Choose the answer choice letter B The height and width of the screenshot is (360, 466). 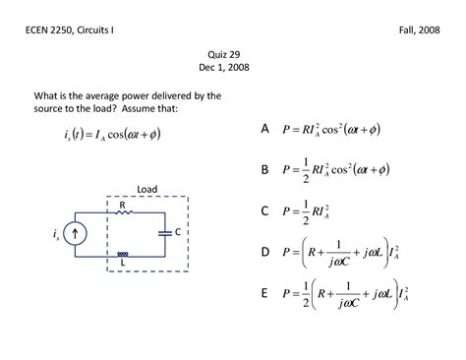coord(264,169)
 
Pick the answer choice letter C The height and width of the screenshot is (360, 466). coord(264,210)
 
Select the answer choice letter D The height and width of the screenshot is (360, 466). coord(264,252)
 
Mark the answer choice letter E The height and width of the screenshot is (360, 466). coord(264,293)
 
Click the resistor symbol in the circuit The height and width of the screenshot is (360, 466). coord(123,212)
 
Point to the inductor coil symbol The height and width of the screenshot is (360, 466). coord(123,255)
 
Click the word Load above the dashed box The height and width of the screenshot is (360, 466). coord(146,189)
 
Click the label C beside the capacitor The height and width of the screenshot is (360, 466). coord(177,232)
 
